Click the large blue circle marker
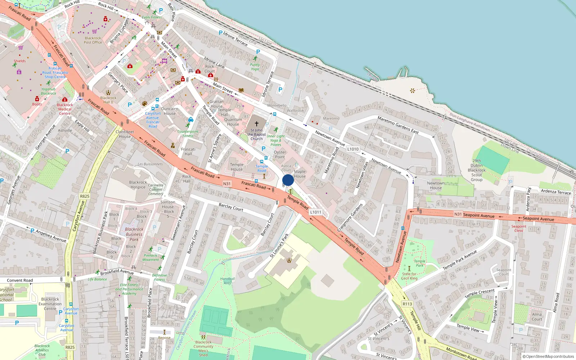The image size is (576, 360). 288,180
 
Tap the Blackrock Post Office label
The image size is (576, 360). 93,40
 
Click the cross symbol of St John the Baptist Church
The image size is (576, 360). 257,123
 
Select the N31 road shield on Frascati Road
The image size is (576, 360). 227,184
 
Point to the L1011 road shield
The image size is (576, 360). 315,212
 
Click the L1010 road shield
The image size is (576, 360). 353,149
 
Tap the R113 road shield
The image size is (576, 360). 407,304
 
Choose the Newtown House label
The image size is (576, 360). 436,185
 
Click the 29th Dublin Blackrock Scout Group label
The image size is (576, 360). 477,170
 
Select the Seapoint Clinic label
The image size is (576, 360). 519,228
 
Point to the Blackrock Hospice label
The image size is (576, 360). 138,185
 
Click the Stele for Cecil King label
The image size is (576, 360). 410,276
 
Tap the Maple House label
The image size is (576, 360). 300,174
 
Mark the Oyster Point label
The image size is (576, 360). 280,154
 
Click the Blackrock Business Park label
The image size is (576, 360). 134,234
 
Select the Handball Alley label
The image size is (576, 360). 227,281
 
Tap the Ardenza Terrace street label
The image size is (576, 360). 556,192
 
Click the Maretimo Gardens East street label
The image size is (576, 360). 398,125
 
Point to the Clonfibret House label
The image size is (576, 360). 125,134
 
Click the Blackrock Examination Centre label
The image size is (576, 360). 50,304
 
